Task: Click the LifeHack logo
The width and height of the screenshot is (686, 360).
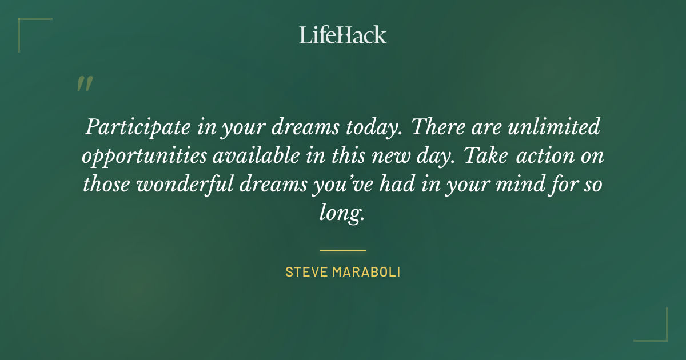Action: click(342, 35)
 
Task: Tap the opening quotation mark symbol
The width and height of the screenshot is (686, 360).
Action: click(84, 84)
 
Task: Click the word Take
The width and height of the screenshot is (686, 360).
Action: click(486, 155)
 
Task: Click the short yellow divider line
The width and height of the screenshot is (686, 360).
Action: click(342, 250)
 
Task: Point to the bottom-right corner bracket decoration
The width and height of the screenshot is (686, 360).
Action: click(657, 331)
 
